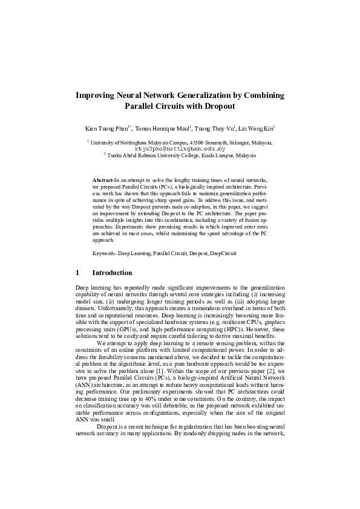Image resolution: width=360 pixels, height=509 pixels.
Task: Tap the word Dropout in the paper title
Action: [x=218, y=106]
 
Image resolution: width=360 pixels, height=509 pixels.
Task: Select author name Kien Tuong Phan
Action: [x=106, y=128]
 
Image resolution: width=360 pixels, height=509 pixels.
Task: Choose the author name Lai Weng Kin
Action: [x=257, y=128]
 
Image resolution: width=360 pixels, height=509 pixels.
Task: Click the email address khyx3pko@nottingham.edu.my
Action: [x=180, y=148]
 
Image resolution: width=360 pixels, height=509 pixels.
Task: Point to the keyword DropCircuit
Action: [x=223, y=253]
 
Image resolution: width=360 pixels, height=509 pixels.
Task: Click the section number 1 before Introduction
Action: [x=77, y=273]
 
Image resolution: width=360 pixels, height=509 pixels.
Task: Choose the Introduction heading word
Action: [x=116, y=273]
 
